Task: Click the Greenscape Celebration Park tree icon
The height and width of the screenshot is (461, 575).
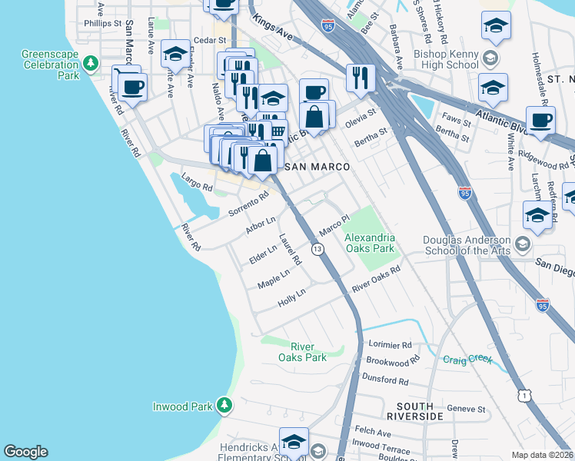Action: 91,63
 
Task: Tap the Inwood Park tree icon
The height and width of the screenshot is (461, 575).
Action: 224,404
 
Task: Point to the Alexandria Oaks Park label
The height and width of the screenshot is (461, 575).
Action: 369,243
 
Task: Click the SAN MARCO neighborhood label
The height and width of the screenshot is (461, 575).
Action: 317,167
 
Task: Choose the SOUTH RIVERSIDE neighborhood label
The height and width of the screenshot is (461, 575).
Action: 420,410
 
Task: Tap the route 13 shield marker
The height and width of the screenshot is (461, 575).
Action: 317,249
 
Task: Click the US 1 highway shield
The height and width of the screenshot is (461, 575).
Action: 523,395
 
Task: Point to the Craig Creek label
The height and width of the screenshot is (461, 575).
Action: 467,359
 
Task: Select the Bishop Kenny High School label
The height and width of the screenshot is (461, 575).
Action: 435,63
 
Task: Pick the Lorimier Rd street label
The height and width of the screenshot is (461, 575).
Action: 390,345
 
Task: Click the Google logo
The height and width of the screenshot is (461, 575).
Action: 25,452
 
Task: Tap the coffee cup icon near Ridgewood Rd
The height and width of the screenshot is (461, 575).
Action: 540,120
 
